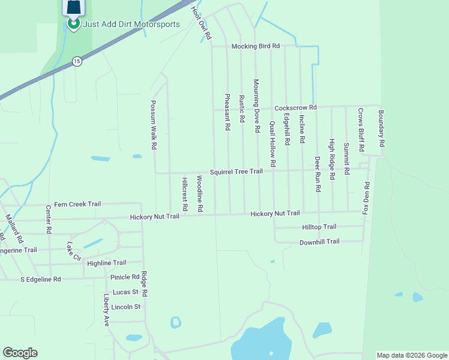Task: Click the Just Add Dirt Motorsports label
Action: coord(131,25)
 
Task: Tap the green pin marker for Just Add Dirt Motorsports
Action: coord(73,23)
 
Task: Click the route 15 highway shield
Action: coord(76,61)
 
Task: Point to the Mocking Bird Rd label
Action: coord(256,46)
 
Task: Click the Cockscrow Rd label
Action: coord(295,107)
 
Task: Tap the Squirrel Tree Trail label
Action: coord(236,172)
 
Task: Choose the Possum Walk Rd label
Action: coord(154,125)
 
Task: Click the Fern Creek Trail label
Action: coord(77,204)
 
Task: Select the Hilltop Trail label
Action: coord(318,227)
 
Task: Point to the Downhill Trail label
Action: coord(319,242)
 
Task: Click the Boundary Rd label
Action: coord(381,128)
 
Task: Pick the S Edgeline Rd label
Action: coord(41,279)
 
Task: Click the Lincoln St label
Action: coord(125,307)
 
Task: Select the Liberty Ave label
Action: coord(106,310)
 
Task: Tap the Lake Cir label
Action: coord(74,251)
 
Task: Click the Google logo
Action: coord(20,353)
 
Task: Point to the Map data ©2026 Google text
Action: coord(411,355)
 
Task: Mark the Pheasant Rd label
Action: coord(228,112)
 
